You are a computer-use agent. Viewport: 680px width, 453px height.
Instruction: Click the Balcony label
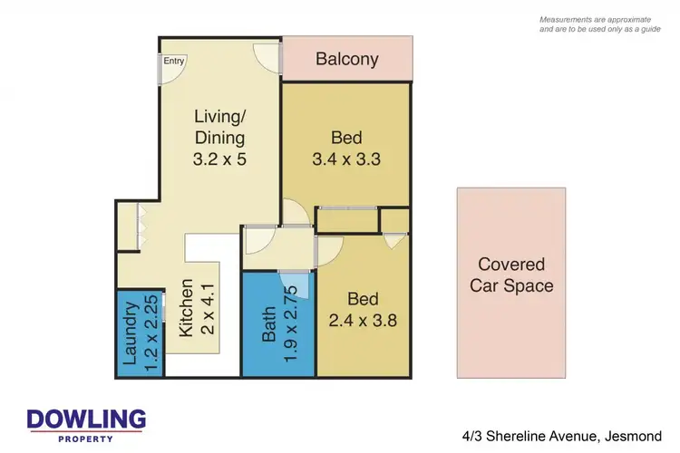pyautogui.click(x=347, y=60)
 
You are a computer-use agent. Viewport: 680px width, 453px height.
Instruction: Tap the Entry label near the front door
pyautogui.click(x=174, y=62)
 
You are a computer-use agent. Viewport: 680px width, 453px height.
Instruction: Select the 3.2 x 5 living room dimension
pyautogui.click(x=220, y=159)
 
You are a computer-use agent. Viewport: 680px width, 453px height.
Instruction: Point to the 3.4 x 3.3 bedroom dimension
pyautogui.click(x=346, y=159)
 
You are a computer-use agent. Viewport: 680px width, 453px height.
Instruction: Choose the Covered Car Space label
pyautogui.click(x=511, y=275)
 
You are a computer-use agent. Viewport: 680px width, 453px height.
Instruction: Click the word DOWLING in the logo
pyautogui.click(x=86, y=419)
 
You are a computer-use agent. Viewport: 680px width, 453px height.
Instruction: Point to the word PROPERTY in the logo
pyautogui.click(x=86, y=439)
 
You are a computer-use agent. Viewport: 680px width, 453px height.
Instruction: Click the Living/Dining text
pyautogui.click(x=219, y=127)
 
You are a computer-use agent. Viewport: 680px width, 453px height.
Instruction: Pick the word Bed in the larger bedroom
pyautogui.click(x=346, y=138)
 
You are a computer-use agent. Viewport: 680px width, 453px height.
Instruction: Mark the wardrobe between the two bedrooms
pyautogui.click(x=346, y=220)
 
